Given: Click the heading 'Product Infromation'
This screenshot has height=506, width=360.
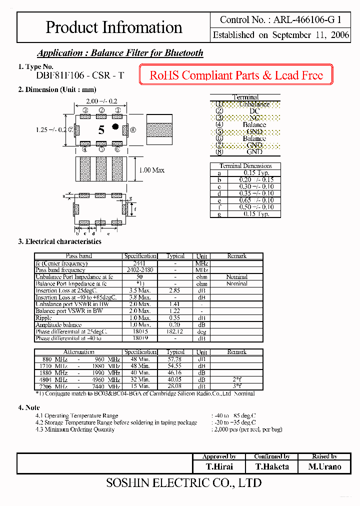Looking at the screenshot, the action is (x=114, y=27).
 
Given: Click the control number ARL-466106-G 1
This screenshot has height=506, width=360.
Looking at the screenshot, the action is (x=280, y=20).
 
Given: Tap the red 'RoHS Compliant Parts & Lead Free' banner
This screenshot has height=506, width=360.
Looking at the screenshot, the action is (x=236, y=75).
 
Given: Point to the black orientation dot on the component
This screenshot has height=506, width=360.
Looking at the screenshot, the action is (x=115, y=126).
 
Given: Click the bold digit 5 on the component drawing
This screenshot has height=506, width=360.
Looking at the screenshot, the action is (x=101, y=130).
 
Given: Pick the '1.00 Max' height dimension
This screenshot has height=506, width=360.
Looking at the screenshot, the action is (x=151, y=170).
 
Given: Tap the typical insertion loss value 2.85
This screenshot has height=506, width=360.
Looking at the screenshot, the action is (x=175, y=290).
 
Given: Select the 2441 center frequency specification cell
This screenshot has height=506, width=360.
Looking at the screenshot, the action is (x=140, y=263).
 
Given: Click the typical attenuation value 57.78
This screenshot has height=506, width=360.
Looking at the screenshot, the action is (x=175, y=359).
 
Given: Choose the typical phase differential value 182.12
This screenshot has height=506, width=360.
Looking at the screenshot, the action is (x=175, y=331).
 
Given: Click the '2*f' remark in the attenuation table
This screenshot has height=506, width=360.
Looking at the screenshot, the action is (x=237, y=379).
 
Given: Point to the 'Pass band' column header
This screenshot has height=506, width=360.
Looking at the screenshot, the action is (x=78, y=256).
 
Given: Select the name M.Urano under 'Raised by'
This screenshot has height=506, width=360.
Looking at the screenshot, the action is (x=324, y=466).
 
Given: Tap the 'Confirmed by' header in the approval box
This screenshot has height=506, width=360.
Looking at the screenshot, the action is (x=272, y=456).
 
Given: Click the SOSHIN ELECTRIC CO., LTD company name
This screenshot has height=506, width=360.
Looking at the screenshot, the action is (x=184, y=483).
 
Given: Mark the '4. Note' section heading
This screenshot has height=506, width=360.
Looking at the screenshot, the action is (x=29, y=407).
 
